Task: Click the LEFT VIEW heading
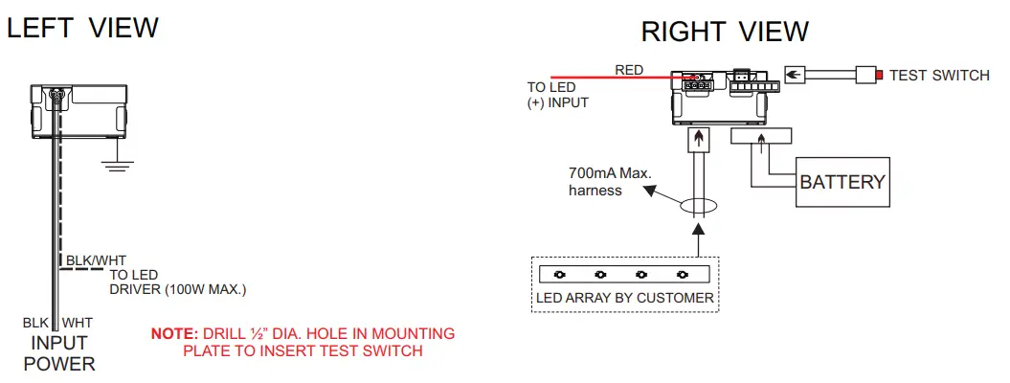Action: [82, 28]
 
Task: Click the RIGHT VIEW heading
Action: [725, 32]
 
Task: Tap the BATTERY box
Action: [842, 182]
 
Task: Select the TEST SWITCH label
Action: [939, 75]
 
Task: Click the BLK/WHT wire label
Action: [95, 259]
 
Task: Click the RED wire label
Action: [629, 70]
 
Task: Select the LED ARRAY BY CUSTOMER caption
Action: [624, 298]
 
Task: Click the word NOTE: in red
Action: [173, 334]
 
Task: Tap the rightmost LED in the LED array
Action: [683, 274]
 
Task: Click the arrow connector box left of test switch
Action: [798, 75]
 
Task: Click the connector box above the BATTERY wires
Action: [760, 137]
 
